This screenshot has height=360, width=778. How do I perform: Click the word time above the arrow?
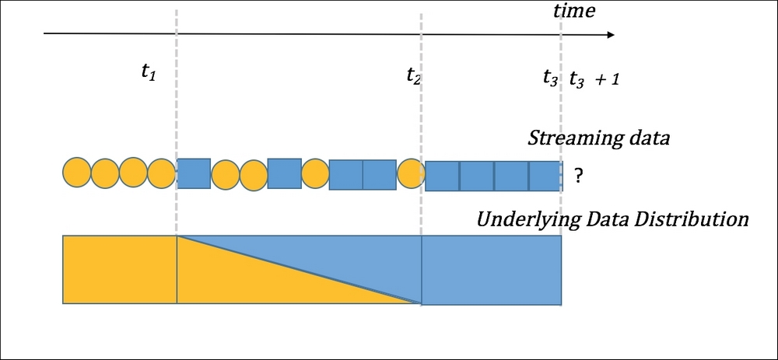573,11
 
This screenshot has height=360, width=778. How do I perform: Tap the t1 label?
148,71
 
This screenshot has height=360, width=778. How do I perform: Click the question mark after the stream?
578,177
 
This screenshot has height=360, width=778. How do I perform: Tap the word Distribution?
699,219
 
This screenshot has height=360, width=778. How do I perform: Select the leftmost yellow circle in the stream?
76,173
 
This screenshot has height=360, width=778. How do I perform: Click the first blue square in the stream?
194,173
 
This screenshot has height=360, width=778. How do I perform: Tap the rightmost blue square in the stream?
545,177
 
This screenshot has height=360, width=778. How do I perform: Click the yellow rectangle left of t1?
120,269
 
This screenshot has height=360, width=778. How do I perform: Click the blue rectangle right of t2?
491,269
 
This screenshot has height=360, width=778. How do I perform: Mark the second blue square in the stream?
284,173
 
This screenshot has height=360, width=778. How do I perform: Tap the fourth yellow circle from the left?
162,173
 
